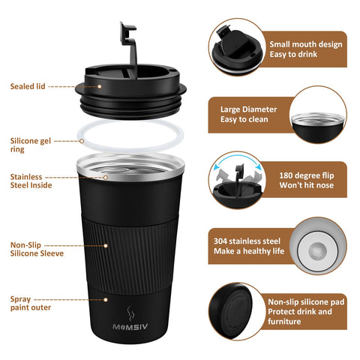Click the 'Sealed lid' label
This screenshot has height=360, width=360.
(x=28, y=86)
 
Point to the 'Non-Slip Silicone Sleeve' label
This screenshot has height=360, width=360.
(x=32, y=249)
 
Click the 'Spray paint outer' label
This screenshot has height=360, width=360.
(x=29, y=304)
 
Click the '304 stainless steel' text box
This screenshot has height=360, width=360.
(x=248, y=246)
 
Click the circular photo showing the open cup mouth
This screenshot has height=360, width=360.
(x=318, y=114)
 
